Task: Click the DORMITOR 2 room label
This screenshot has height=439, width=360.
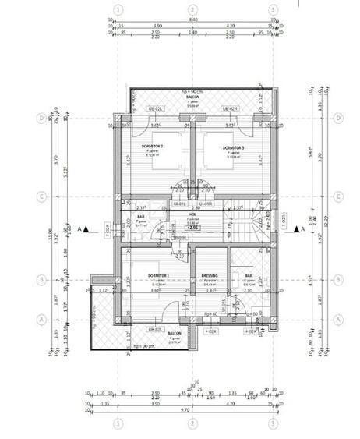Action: click(x=152, y=147)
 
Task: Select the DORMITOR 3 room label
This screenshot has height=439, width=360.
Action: click(x=233, y=147)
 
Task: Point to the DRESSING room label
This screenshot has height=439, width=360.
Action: click(x=210, y=275)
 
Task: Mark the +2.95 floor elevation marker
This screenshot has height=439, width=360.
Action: click(x=192, y=227)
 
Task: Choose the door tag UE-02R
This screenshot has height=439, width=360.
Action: click(x=229, y=108)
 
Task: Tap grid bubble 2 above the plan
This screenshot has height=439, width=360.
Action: click(x=192, y=10)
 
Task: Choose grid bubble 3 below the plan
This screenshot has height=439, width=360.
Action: click(x=273, y=424)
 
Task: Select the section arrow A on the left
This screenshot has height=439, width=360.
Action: click(x=87, y=228)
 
